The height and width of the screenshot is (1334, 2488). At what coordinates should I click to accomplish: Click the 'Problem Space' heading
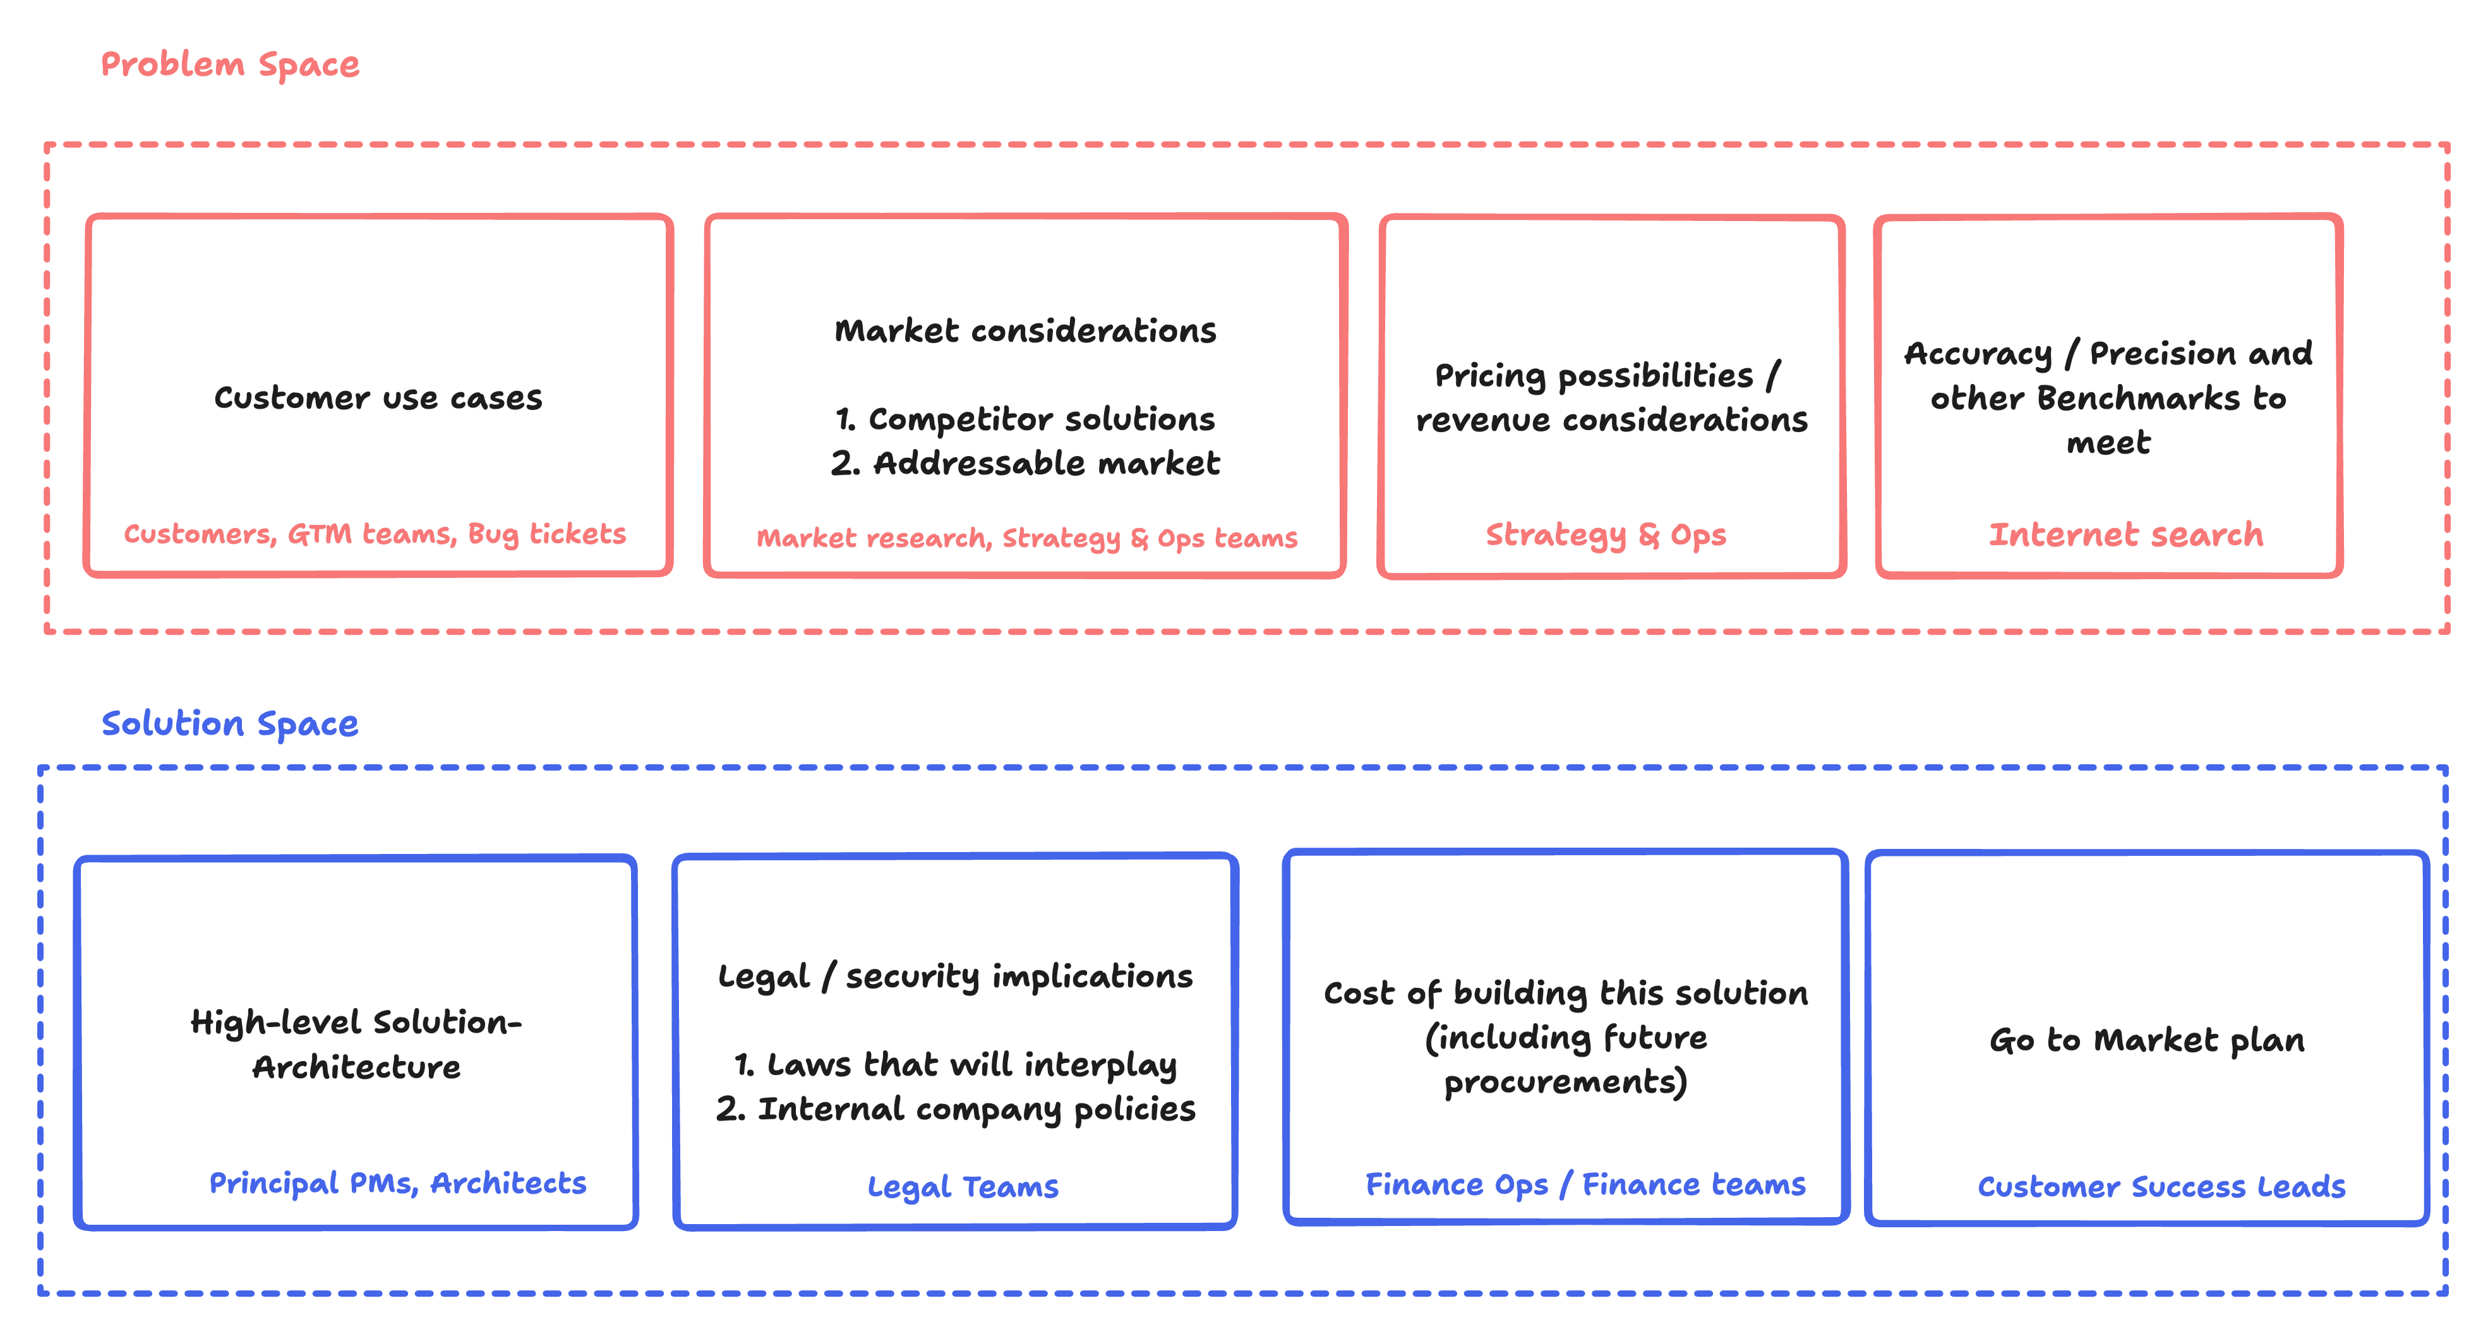(x=230, y=64)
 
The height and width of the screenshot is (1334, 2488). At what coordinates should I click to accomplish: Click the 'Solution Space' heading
(x=230, y=723)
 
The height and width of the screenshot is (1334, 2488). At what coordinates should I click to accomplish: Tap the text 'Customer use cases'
(x=378, y=398)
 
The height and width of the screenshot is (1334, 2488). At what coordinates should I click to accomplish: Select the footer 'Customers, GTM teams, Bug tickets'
(x=375, y=534)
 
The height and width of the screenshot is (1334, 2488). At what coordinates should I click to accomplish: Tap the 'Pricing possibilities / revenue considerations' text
(x=1611, y=398)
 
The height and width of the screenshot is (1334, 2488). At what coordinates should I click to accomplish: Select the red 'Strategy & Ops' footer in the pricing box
(x=1605, y=535)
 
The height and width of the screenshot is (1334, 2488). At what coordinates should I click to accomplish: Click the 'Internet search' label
(x=2125, y=534)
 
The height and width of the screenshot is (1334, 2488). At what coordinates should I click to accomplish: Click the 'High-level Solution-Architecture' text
(x=356, y=1044)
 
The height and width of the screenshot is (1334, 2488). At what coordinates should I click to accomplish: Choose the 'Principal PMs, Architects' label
(x=398, y=1183)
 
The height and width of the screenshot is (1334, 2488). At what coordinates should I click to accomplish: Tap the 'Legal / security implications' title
(x=955, y=976)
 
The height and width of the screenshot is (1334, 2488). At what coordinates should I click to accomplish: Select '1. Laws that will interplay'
(x=955, y=1064)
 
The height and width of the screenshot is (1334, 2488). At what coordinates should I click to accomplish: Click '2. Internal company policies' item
(x=955, y=1109)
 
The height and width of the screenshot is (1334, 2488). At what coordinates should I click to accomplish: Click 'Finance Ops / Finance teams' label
(x=1585, y=1184)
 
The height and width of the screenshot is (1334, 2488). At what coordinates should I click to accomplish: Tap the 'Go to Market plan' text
(x=2146, y=1040)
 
